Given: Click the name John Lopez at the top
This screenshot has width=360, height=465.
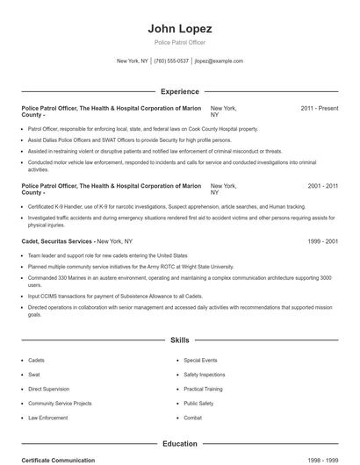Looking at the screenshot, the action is (x=180, y=29).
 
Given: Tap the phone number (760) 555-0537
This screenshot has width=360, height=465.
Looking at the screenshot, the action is (x=171, y=61).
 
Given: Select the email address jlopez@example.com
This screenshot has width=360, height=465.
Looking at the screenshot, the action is (x=219, y=61).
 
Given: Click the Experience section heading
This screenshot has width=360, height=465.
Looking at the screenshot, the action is (x=180, y=91).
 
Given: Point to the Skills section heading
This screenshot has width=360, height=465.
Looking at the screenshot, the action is (x=180, y=339).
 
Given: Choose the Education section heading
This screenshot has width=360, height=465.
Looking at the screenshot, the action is (x=180, y=444).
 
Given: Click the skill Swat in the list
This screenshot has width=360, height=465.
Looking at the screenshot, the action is (x=33, y=375).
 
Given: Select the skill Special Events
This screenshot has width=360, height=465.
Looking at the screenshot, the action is (x=200, y=361).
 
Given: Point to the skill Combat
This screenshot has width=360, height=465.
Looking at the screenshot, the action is (x=193, y=418).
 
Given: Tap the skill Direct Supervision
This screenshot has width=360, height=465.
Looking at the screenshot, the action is (x=47, y=389).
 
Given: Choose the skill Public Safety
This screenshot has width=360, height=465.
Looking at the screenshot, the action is (x=198, y=404).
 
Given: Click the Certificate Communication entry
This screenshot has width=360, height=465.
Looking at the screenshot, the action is (x=58, y=460).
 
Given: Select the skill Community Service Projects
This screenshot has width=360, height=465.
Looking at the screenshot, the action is (x=60, y=404).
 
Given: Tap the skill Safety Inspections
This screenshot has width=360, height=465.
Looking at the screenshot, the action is (x=205, y=375).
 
